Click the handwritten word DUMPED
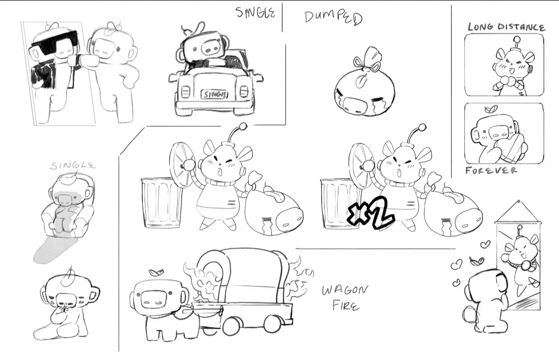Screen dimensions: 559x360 click(x=333, y=18)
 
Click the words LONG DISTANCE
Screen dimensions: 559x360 click(x=506, y=27)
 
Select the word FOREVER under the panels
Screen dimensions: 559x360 click(x=491, y=170)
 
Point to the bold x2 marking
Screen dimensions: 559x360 click(x=371, y=213)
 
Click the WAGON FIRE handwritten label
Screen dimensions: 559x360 click(x=345, y=298)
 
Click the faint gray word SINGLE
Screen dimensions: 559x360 click(x=73, y=165)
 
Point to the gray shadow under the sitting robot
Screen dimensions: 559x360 click(x=55, y=250)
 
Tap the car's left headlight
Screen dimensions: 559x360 click(x=186, y=92)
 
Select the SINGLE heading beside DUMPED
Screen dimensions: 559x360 click(x=255, y=12)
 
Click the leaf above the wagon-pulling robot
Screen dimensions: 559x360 click(x=156, y=272)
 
